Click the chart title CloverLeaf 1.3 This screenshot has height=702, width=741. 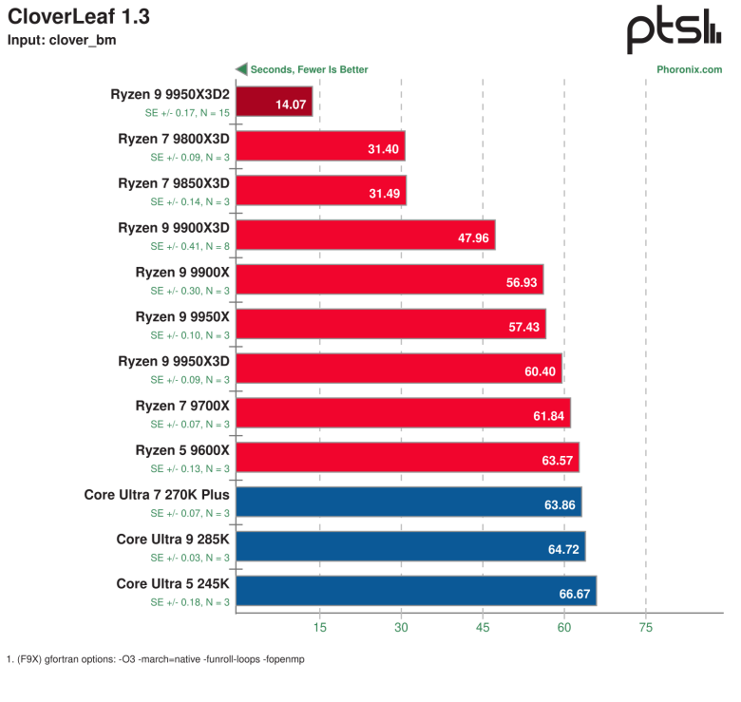pos(78,17)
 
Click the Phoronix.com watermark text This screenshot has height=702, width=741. pos(689,69)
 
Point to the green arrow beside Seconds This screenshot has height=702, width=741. pos(241,69)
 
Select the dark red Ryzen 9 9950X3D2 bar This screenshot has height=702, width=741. pos(274,101)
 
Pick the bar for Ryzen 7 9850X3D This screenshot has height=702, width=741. pos(321,190)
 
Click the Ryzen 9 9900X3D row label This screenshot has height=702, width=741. pos(174,228)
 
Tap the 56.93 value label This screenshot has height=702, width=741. pos(524,282)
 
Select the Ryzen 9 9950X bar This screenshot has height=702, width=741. pos(390,324)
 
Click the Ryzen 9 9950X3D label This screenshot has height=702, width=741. pos(174,361)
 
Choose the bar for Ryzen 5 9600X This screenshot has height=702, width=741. pos(407,457)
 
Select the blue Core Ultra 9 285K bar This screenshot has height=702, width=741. pos(410,546)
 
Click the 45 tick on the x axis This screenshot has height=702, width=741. pos(483,628)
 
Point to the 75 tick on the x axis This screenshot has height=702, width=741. pos(646,628)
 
